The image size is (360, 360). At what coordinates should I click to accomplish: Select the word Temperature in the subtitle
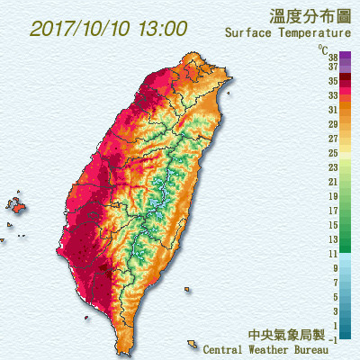[x=315, y=34]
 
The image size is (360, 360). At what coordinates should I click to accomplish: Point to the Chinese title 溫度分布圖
[x=304, y=15]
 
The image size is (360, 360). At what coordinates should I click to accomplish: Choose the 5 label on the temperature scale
[x=334, y=297]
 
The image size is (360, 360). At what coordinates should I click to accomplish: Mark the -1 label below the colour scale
[x=333, y=339]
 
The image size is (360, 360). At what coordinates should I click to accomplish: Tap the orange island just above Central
[x=192, y=342]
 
